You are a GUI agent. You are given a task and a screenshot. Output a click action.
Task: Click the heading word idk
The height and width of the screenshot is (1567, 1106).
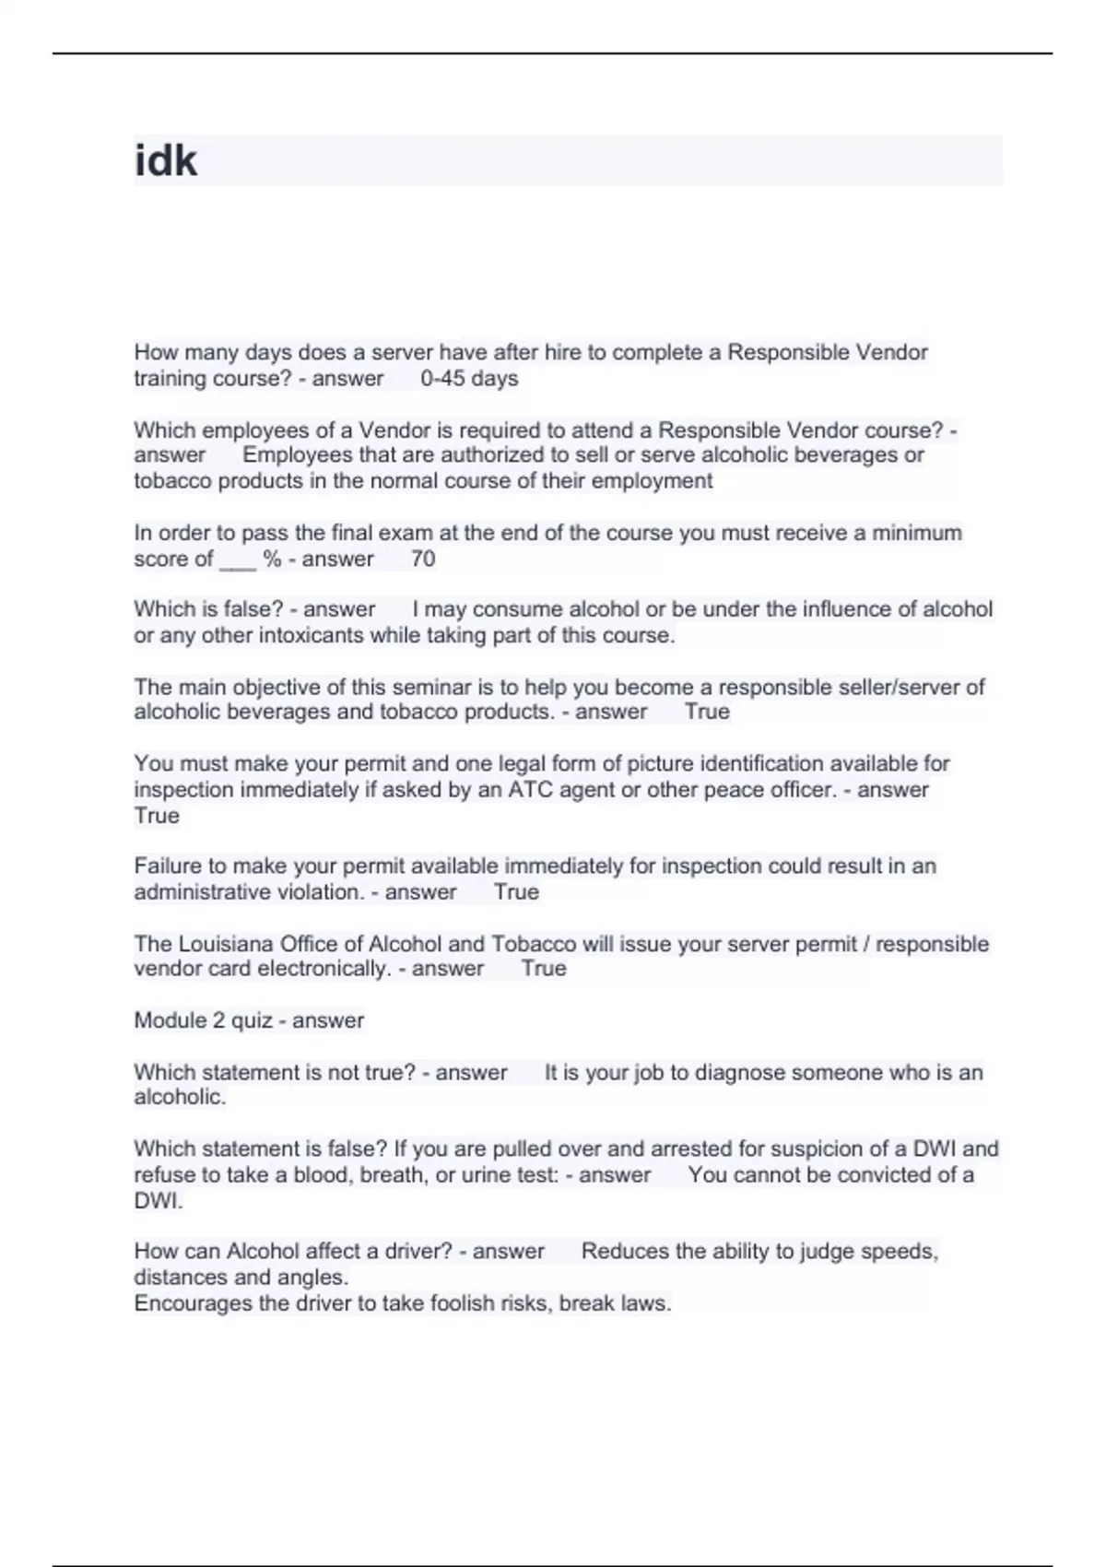[x=166, y=161]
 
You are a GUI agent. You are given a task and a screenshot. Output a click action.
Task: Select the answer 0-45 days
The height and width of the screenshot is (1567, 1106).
[x=469, y=379]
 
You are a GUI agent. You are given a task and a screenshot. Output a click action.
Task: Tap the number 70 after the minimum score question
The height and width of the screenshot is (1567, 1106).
[x=423, y=559]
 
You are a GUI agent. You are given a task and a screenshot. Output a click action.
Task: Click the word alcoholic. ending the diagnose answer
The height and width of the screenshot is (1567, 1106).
[x=180, y=1098]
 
